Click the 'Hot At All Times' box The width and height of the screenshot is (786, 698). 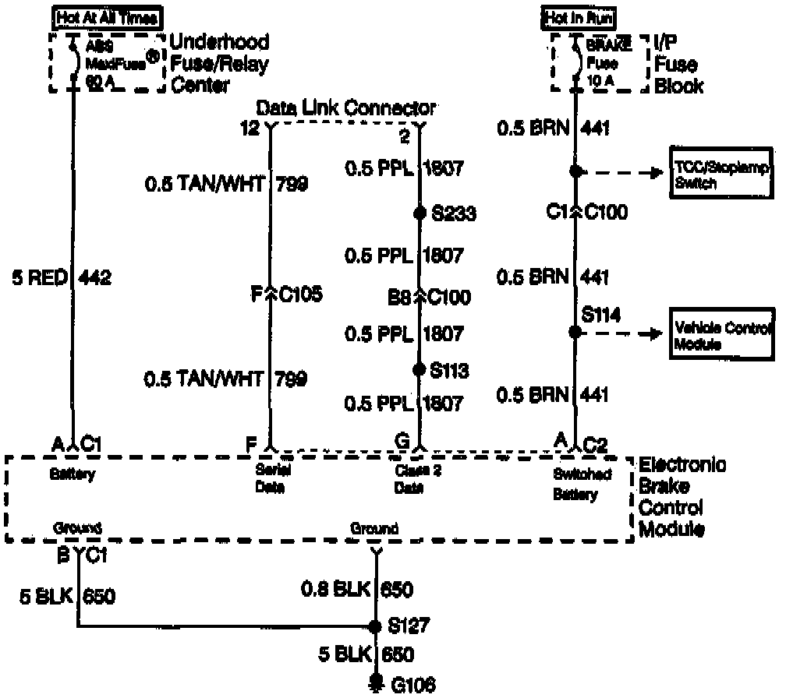click(107, 16)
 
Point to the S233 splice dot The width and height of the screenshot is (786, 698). click(420, 213)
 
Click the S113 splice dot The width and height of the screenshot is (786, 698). click(420, 369)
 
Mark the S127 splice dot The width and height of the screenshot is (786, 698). click(376, 626)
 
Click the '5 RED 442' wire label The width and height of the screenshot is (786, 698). click(62, 277)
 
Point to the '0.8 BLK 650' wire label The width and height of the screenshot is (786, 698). click(357, 589)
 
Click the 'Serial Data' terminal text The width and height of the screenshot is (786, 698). click(270, 480)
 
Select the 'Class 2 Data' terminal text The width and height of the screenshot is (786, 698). click(409, 480)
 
